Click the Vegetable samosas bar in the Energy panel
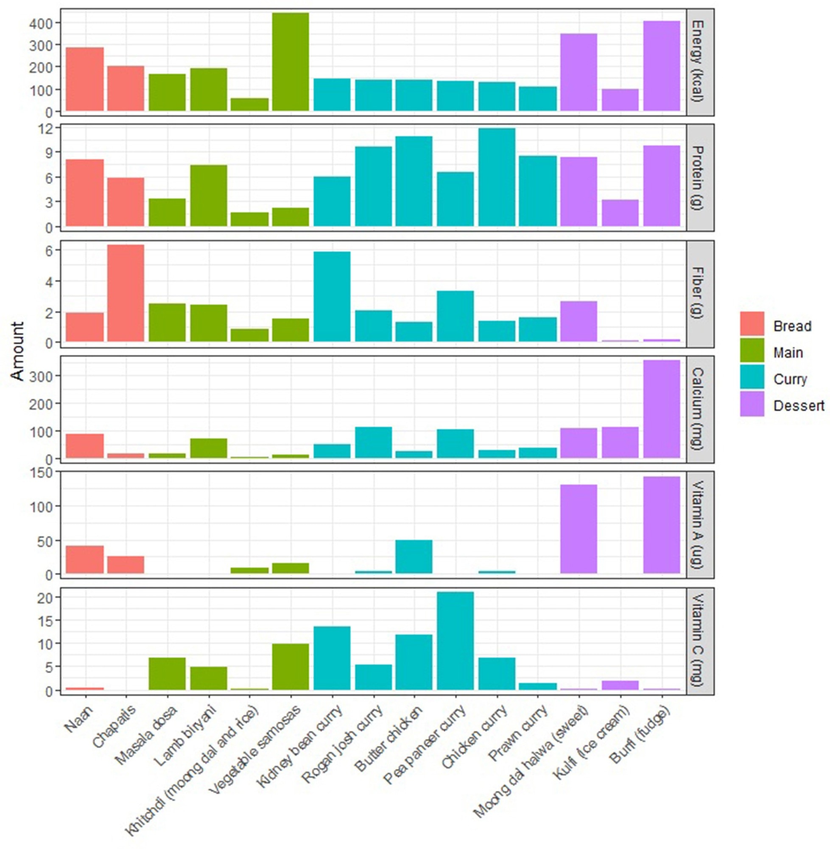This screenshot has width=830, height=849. (291, 62)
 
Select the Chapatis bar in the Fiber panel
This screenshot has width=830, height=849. (126, 293)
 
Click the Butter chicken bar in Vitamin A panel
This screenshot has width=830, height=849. (414, 557)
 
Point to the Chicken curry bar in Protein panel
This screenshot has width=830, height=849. (497, 177)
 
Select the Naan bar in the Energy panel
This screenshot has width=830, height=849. (84, 79)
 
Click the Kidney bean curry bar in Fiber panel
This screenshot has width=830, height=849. (332, 296)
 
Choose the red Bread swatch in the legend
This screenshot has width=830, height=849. (752, 324)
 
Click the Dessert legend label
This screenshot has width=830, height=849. (799, 406)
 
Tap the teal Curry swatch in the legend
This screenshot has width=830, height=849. (752, 377)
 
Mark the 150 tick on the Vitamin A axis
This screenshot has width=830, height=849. (42, 472)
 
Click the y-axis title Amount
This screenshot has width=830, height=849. (17, 351)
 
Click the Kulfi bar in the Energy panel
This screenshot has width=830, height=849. (620, 100)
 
